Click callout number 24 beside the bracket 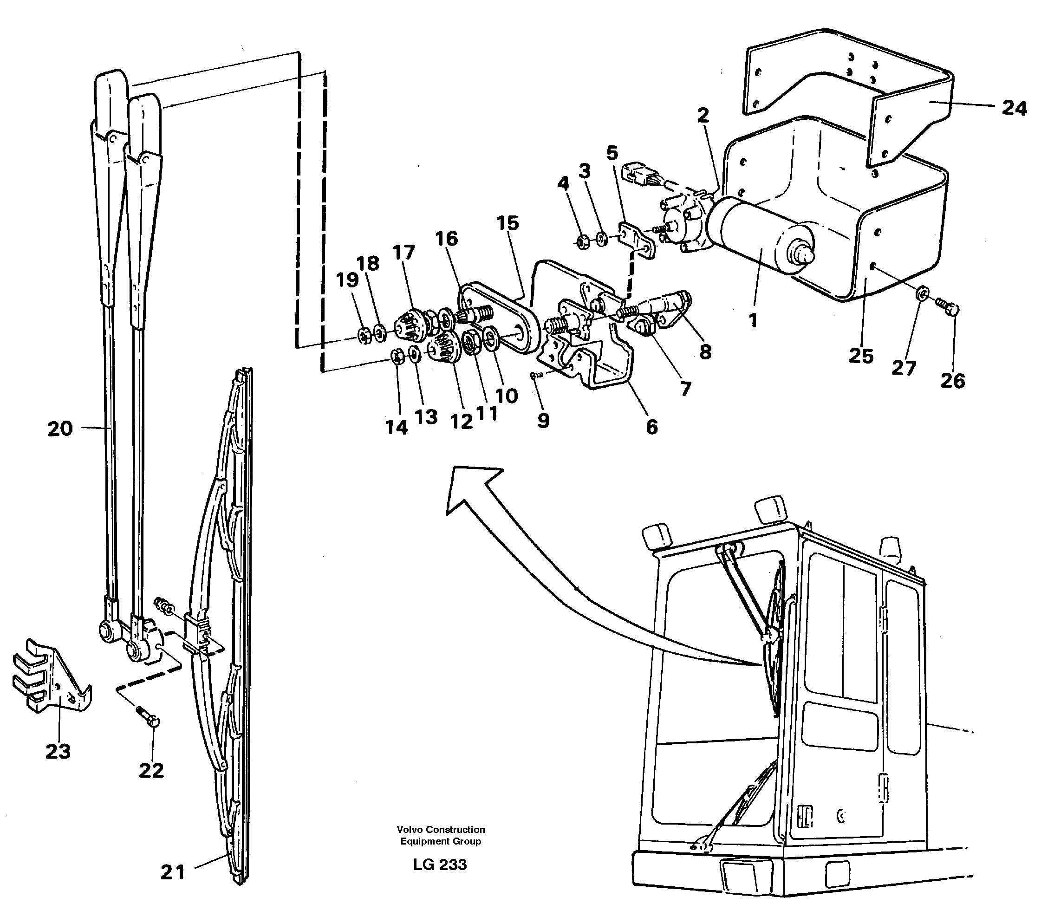click(1014, 109)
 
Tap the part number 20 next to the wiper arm click(60, 429)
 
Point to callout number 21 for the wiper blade click(172, 872)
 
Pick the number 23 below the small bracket click(58, 751)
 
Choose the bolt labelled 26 click(947, 306)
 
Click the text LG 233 click(440, 864)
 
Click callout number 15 click(508, 223)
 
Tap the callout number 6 click(651, 427)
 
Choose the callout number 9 click(543, 421)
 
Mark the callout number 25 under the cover click(861, 356)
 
